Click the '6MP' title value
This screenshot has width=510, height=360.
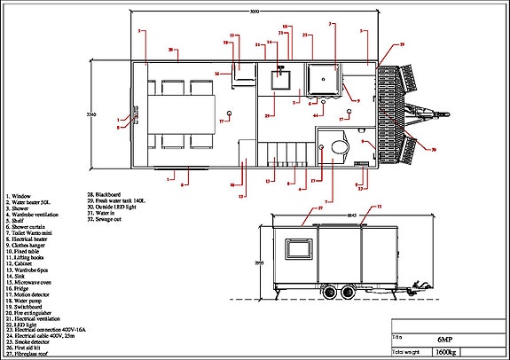[x=444, y=340]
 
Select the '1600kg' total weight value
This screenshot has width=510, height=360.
[x=446, y=352]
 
